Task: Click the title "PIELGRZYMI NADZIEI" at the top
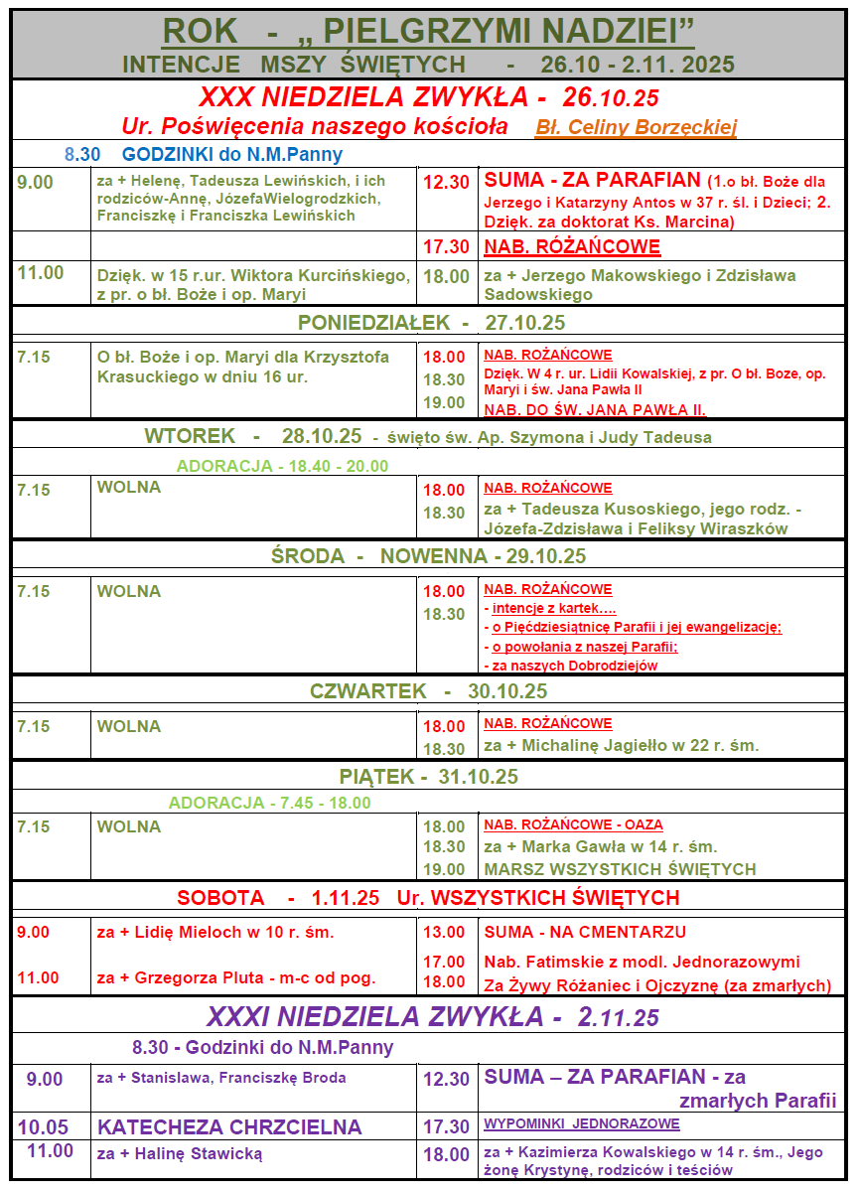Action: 495,31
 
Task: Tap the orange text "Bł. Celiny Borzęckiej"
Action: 636,128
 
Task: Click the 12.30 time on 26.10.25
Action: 446,183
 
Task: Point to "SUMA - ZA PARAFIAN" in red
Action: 593,181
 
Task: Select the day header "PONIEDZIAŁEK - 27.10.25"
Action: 431,323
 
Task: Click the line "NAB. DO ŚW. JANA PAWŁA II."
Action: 595,409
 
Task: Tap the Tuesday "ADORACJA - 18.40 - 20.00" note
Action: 282,466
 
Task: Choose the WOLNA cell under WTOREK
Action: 129,488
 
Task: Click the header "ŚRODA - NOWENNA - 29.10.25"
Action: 428,556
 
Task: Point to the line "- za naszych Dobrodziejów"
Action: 570,666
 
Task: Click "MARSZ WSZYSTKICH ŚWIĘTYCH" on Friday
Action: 620,869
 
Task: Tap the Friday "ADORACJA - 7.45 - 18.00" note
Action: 269,803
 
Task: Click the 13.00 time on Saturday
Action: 444,932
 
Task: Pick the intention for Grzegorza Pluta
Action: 236,977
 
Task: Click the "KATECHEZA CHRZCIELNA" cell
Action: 229,1127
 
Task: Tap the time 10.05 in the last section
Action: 43,1127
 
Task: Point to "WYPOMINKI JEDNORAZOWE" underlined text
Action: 582,1124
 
